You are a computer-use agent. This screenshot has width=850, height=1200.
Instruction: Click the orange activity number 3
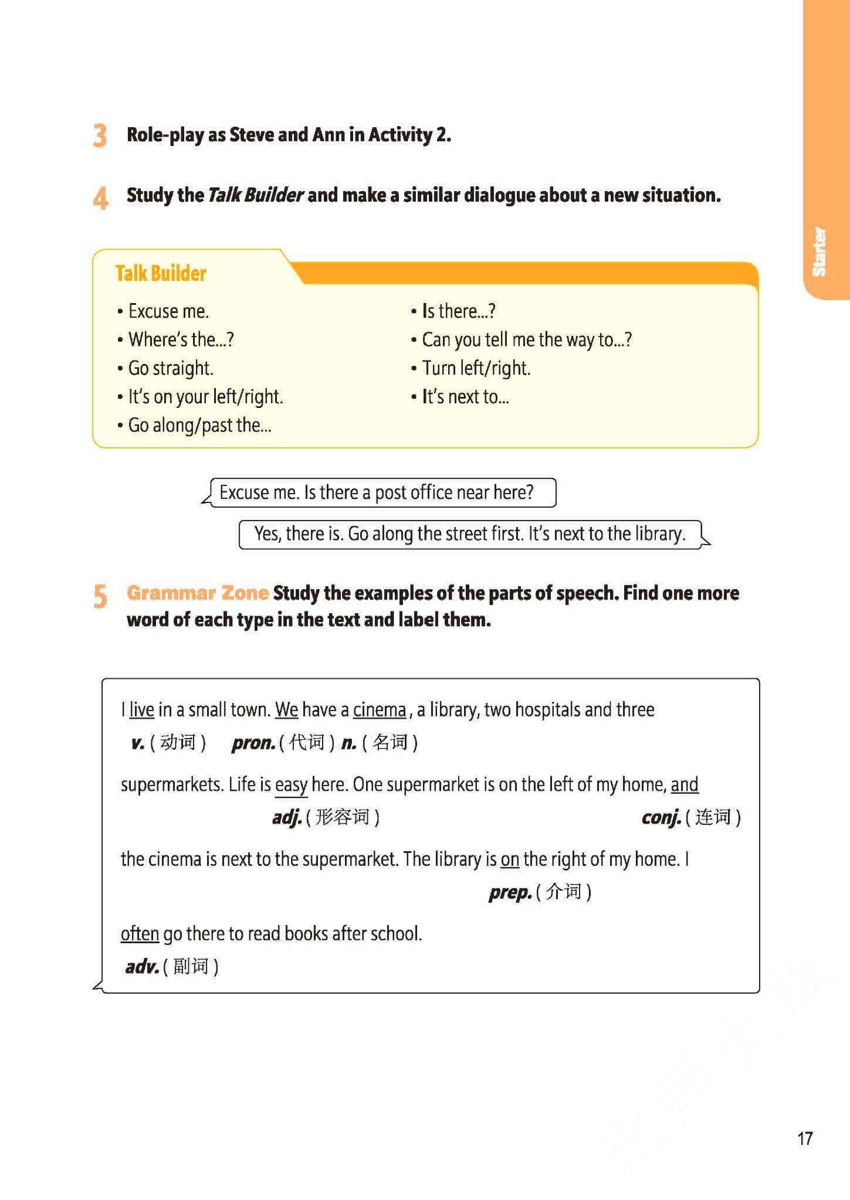[100, 135]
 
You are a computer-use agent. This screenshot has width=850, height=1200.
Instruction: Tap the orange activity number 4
[100, 197]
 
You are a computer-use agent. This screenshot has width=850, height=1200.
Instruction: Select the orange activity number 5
[100, 596]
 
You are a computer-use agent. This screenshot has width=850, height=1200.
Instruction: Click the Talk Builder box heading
[161, 273]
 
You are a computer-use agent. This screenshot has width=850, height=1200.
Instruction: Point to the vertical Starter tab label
[819, 251]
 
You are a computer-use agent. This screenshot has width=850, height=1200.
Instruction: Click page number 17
[805, 1138]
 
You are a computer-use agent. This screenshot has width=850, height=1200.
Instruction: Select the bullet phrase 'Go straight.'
[171, 368]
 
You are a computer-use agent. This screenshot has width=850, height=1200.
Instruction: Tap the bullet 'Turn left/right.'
[476, 368]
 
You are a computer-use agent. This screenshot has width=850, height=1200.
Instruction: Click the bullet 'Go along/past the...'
[199, 425]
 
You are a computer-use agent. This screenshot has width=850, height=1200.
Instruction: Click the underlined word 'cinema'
[380, 710]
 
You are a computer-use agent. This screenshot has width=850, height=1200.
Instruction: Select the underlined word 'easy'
[291, 784]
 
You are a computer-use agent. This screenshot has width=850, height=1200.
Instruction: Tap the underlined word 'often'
[140, 933]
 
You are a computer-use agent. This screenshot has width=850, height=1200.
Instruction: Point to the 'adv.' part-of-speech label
[142, 966]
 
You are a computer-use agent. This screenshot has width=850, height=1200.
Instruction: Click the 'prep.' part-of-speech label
[510, 892]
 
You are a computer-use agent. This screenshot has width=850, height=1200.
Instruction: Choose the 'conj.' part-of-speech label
[661, 817]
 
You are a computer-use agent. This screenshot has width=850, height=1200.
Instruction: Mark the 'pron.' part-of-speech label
[253, 743]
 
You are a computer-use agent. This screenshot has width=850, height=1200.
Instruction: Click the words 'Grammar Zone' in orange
[198, 593]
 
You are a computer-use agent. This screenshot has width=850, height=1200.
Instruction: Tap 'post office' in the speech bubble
[413, 492]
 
